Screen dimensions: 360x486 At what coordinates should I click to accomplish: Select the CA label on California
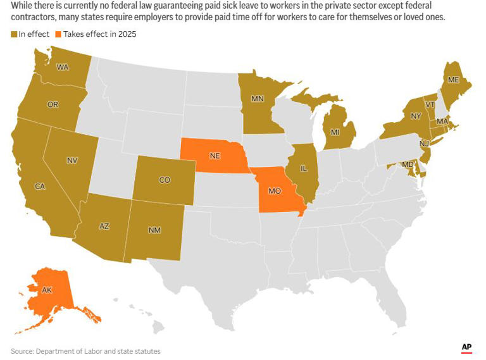[x=39, y=186]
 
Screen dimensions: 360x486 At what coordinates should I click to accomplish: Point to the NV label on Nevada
[x=72, y=161]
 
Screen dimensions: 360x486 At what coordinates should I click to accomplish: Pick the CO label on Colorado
[x=165, y=180]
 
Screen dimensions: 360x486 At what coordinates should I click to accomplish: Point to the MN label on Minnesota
[x=258, y=99]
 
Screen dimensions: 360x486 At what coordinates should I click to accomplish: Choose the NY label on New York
[x=416, y=116]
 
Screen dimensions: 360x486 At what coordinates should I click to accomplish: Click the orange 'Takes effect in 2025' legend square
[x=59, y=34]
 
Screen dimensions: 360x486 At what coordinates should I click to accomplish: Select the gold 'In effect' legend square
[x=14, y=34]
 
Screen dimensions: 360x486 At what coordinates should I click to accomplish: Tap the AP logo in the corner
[x=467, y=347]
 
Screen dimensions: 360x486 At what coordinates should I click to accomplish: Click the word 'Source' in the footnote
[x=22, y=351]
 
